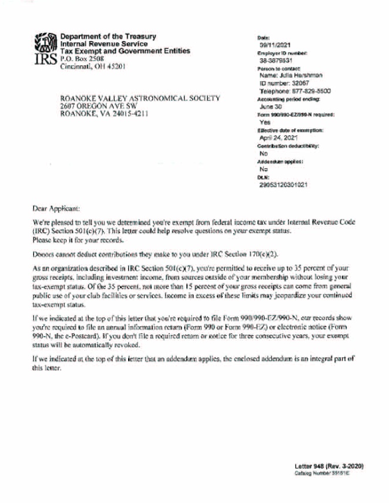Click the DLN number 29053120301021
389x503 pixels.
click(x=283, y=184)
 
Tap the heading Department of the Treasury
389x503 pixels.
click(x=109, y=36)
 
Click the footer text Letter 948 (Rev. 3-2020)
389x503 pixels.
click(x=329, y=466)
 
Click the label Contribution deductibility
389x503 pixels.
click(x=288, y=145)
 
